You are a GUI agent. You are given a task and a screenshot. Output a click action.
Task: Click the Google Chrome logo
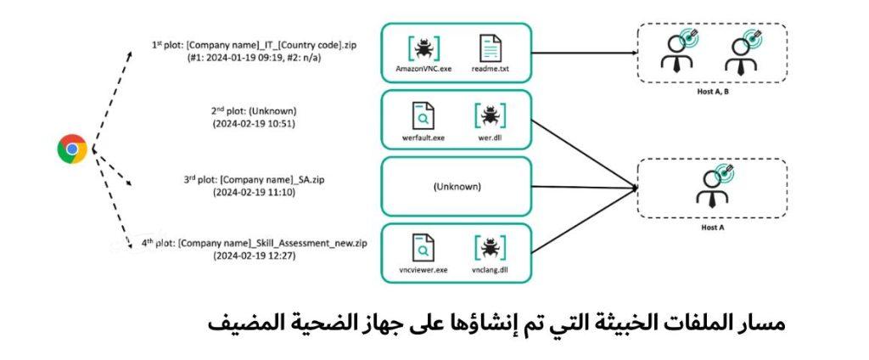[72, 149]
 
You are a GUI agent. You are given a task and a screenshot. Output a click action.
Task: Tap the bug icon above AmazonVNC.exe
[423, 48]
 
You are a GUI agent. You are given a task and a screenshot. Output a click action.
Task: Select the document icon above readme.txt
[490, 48]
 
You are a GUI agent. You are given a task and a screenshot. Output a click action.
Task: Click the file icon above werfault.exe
[423, 115]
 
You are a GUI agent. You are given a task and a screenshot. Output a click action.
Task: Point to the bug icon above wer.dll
[490, 115]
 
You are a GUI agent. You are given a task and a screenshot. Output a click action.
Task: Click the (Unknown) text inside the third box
[457, 187]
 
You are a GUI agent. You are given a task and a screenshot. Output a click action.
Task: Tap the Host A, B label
[712, 92]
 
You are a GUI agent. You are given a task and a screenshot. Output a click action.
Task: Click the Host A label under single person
[712, 228]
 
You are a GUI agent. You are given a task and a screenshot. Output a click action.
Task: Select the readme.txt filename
[490, 70]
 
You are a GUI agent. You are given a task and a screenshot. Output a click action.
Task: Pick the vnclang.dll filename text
[490, 270]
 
